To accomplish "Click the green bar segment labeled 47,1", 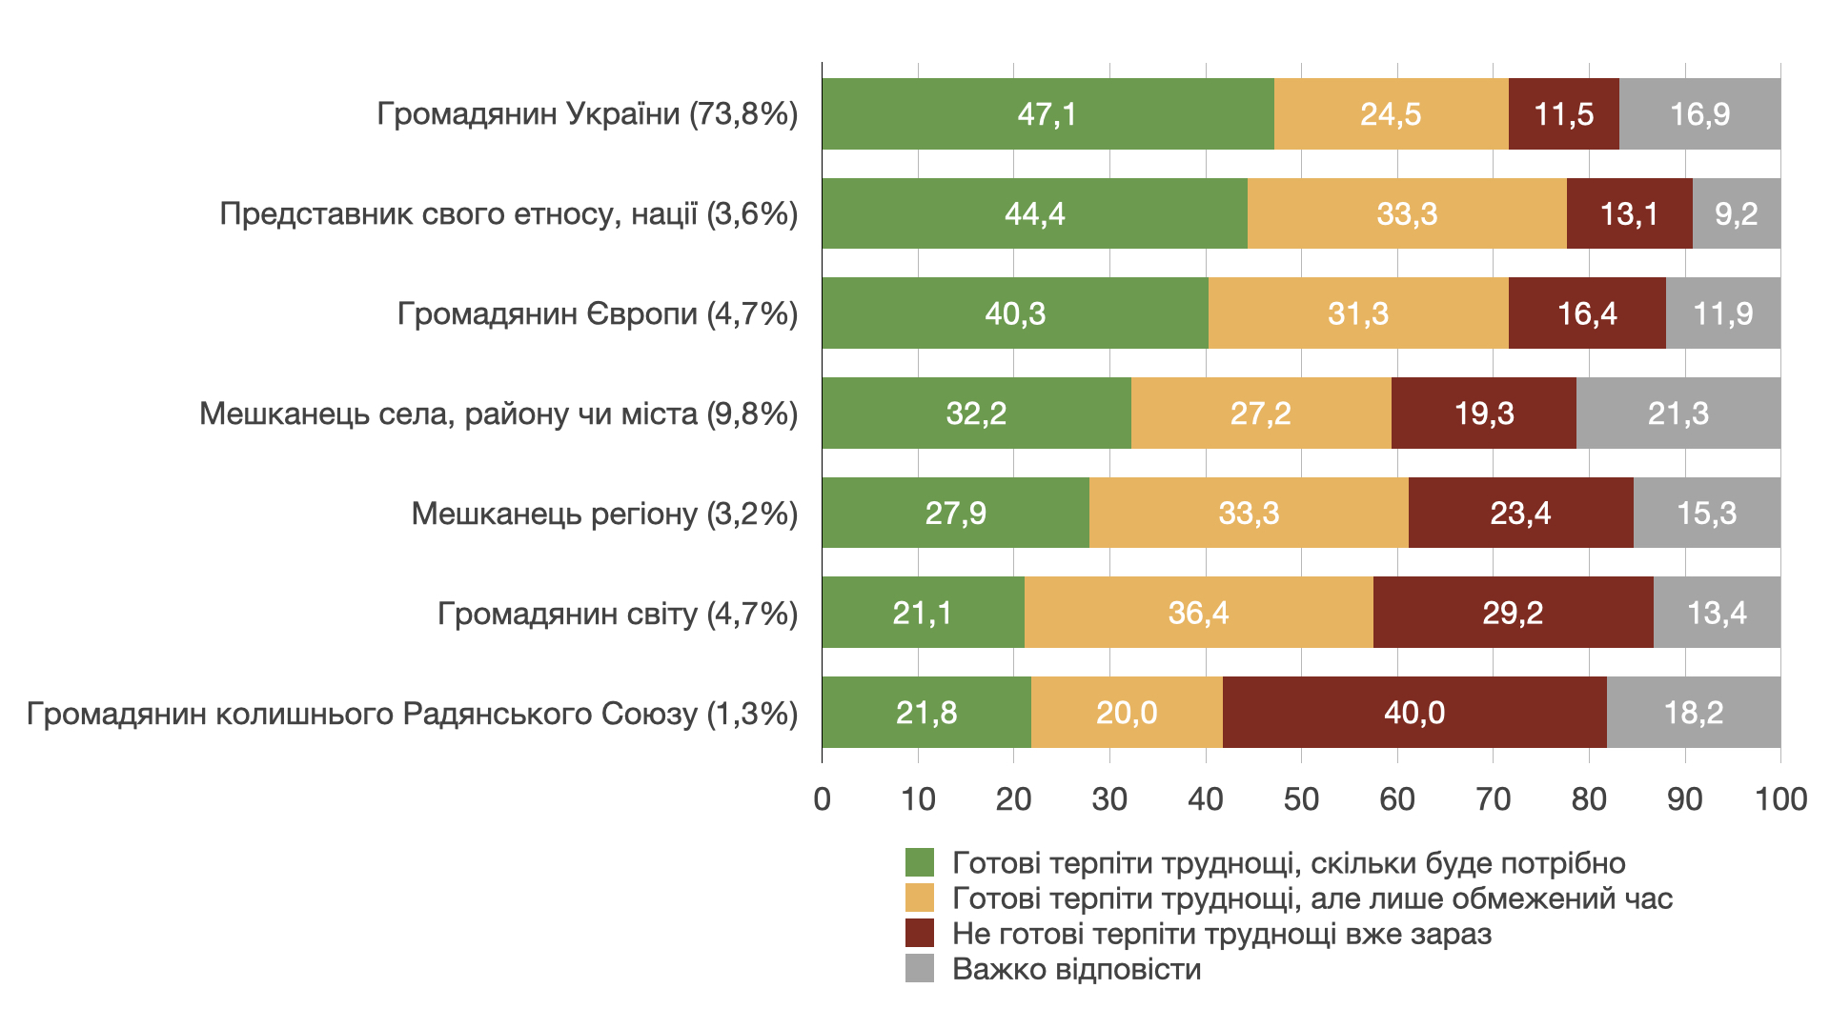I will click(1047, 114).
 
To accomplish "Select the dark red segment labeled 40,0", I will click(1414, 713).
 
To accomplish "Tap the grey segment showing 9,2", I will click(1736, 214).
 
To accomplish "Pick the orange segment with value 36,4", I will click(1198, 613).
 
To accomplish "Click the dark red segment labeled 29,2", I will click(1513, 613).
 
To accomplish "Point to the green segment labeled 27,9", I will click(955, 514).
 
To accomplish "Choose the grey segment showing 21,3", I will click(1677, 414).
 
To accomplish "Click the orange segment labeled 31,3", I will click(1358, 313).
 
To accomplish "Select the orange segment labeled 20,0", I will click(1127, 713).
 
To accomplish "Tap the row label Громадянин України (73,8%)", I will click(587, 114).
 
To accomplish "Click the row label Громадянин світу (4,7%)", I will click(618, 614).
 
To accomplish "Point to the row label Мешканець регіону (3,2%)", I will click(604, 514).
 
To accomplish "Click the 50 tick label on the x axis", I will click(1301, 799).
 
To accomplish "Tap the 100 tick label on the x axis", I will click(1780, 799).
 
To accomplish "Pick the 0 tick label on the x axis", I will click(822, 799).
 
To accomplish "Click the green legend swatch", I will click(920, 863).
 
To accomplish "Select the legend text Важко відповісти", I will click(1076, 970).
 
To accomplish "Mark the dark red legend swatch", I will click(920, 934).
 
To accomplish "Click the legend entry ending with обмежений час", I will click(1311, 898).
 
